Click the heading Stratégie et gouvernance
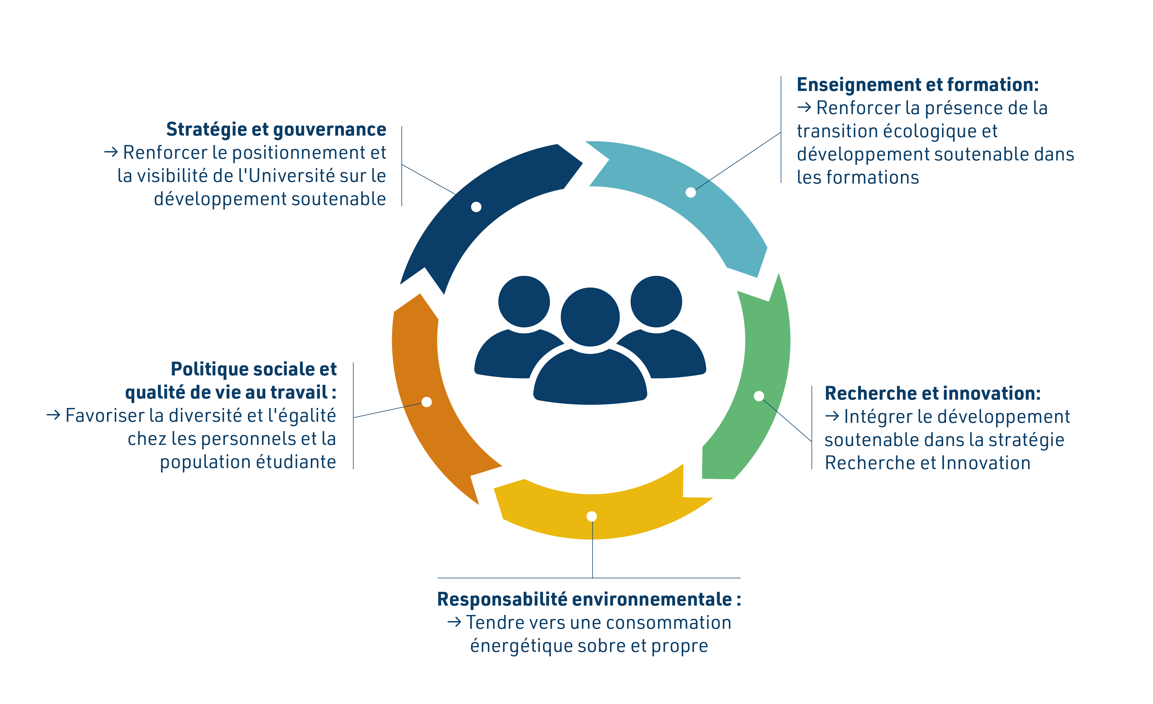[276, 130]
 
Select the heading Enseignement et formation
[917, 85]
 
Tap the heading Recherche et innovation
[932, 393]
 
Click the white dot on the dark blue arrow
[476, 207]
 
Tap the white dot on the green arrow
[759, 396]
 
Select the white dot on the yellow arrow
[592, 516]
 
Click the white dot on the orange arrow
[426, 402]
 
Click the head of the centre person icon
[590, 317]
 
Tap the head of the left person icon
[524, 301]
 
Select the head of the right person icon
[656, 301]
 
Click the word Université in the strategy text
[291, 176]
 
